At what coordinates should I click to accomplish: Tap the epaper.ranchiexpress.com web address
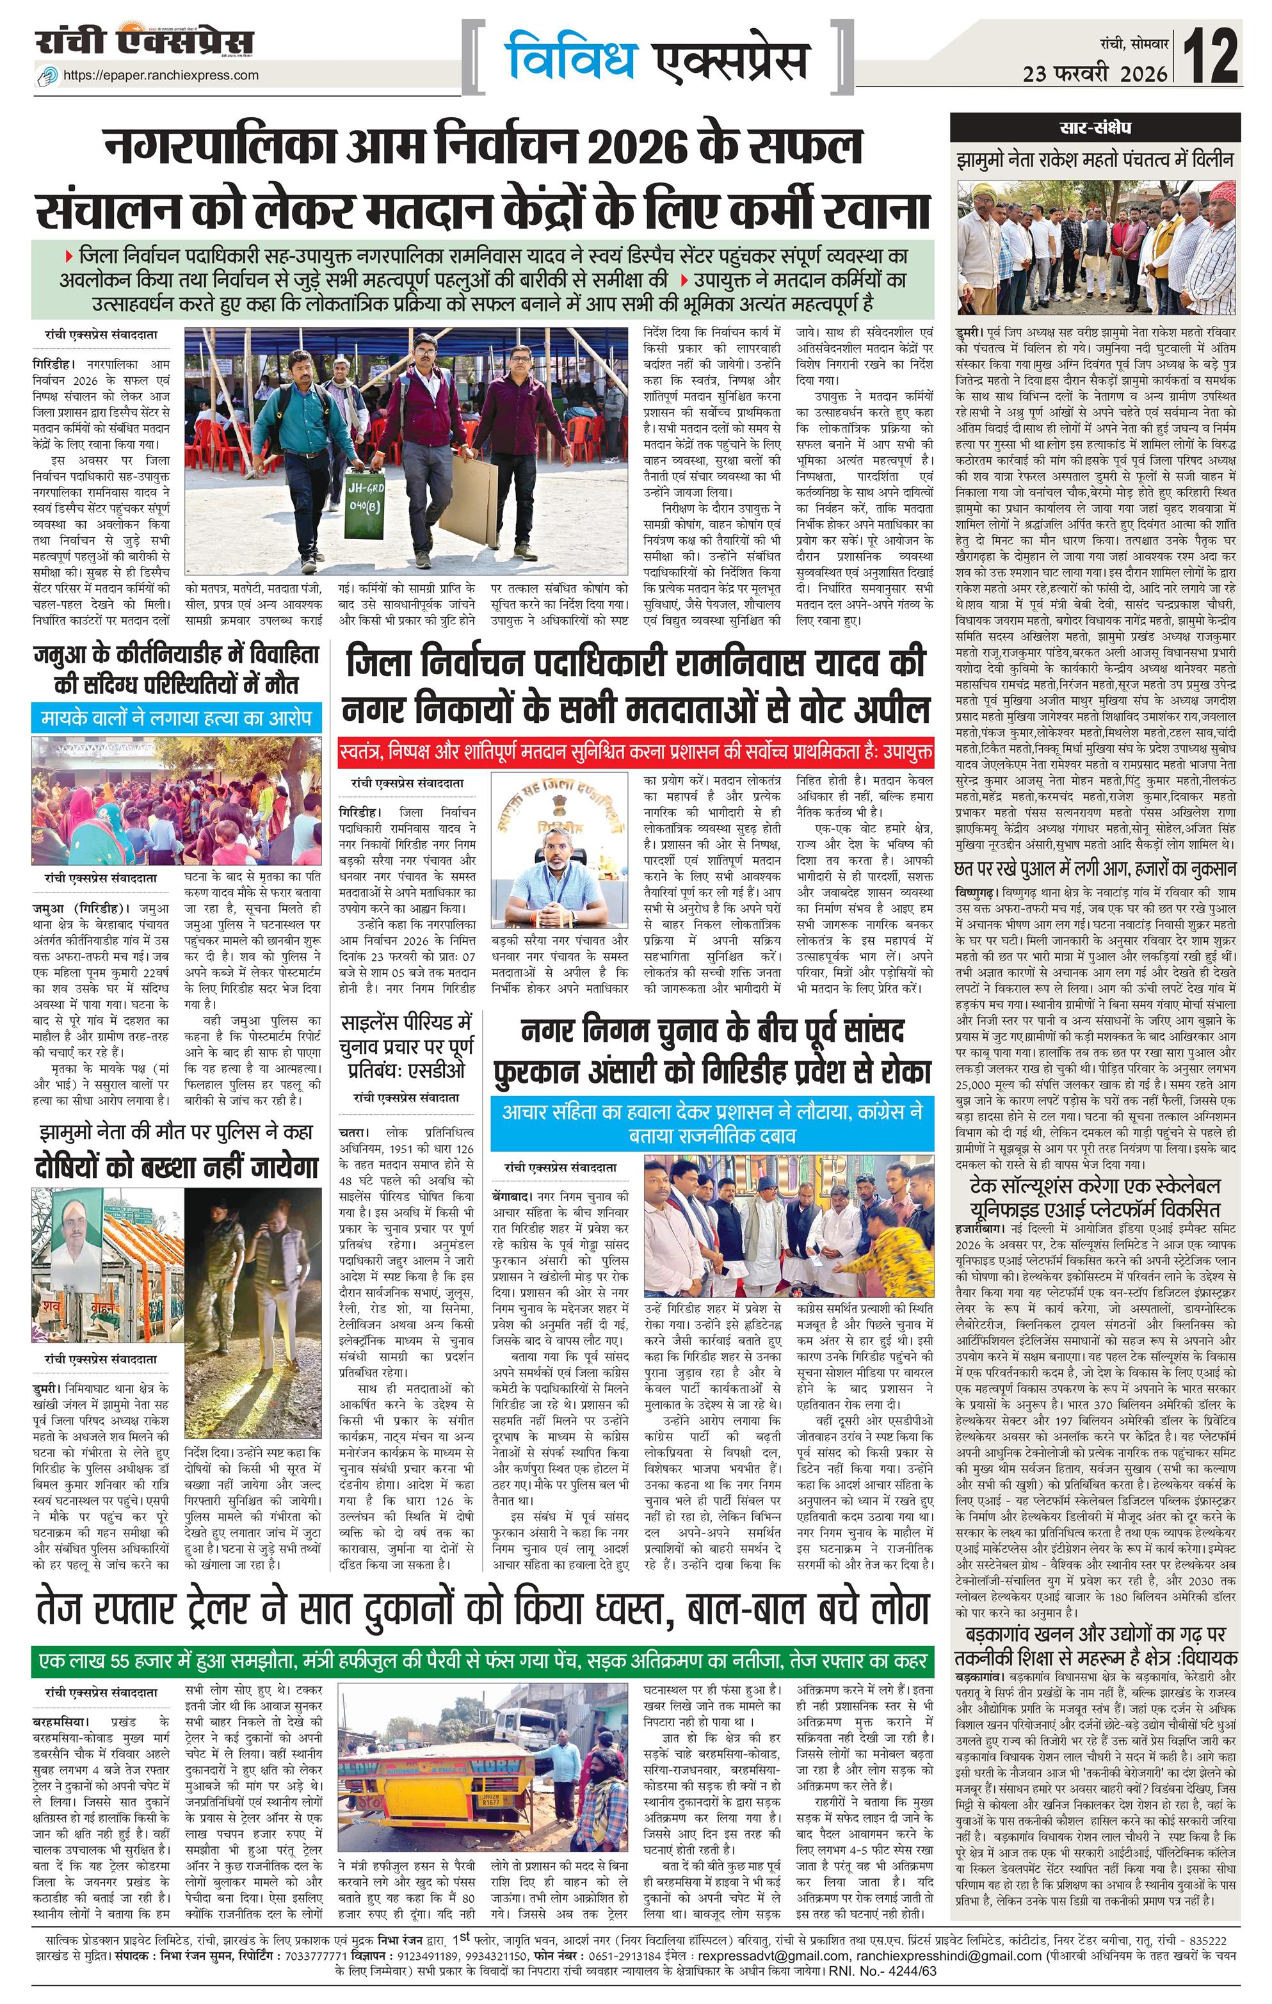point(161,75)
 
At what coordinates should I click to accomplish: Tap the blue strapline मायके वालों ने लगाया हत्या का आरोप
point(177,716)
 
